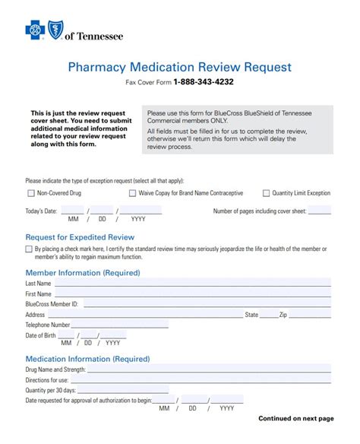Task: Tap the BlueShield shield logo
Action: (55, 30)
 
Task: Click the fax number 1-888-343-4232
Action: (204, 82)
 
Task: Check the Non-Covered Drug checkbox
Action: (30, 193)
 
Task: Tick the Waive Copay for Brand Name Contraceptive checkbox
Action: (132, 193)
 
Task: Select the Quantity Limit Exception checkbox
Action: (266, 193)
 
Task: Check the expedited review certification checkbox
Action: (29, 249)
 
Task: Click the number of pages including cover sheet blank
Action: (319, 211)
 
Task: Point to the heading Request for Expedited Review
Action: (80, 238)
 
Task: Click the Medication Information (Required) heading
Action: (87, 359)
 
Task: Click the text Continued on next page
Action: (295, 418)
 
